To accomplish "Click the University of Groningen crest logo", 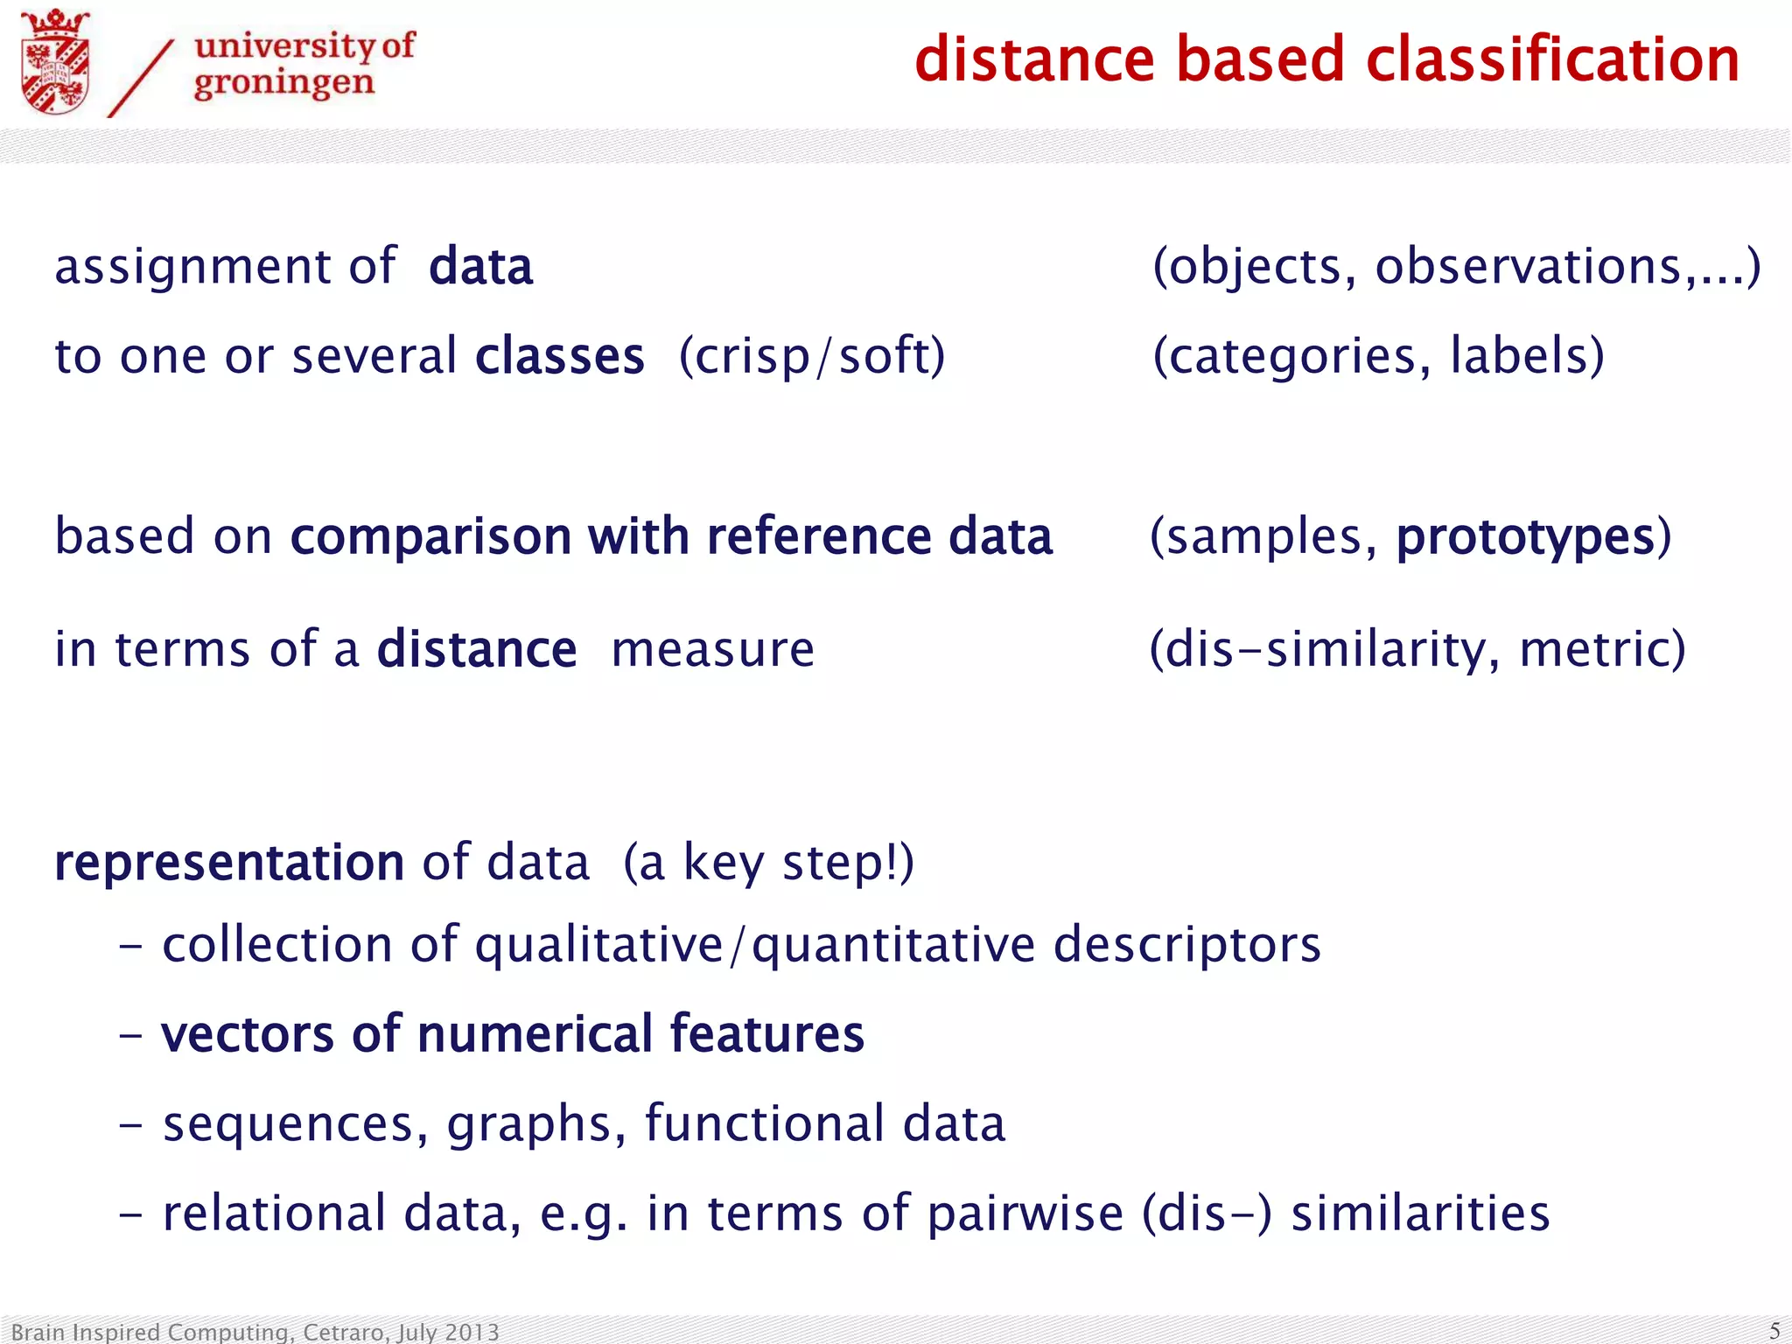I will click(x=55, y=63).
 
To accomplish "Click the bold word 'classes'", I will click(x=560, y=356).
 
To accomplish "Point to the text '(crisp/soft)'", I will click(x=812, y=356).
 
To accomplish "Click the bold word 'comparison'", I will click(x=430, y=536).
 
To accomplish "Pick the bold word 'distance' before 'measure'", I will click(x=477, y=649).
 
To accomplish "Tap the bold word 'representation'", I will click(x=229, y=863).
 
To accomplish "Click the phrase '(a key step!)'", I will click(x=768, y=863).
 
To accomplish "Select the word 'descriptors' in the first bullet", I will click(x=1186, y=945).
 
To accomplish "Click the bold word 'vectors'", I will click(x=248, y=1034).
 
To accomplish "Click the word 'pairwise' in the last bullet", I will click(x=1025, y=1214).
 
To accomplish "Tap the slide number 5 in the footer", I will click(x=1774, y=1331).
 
